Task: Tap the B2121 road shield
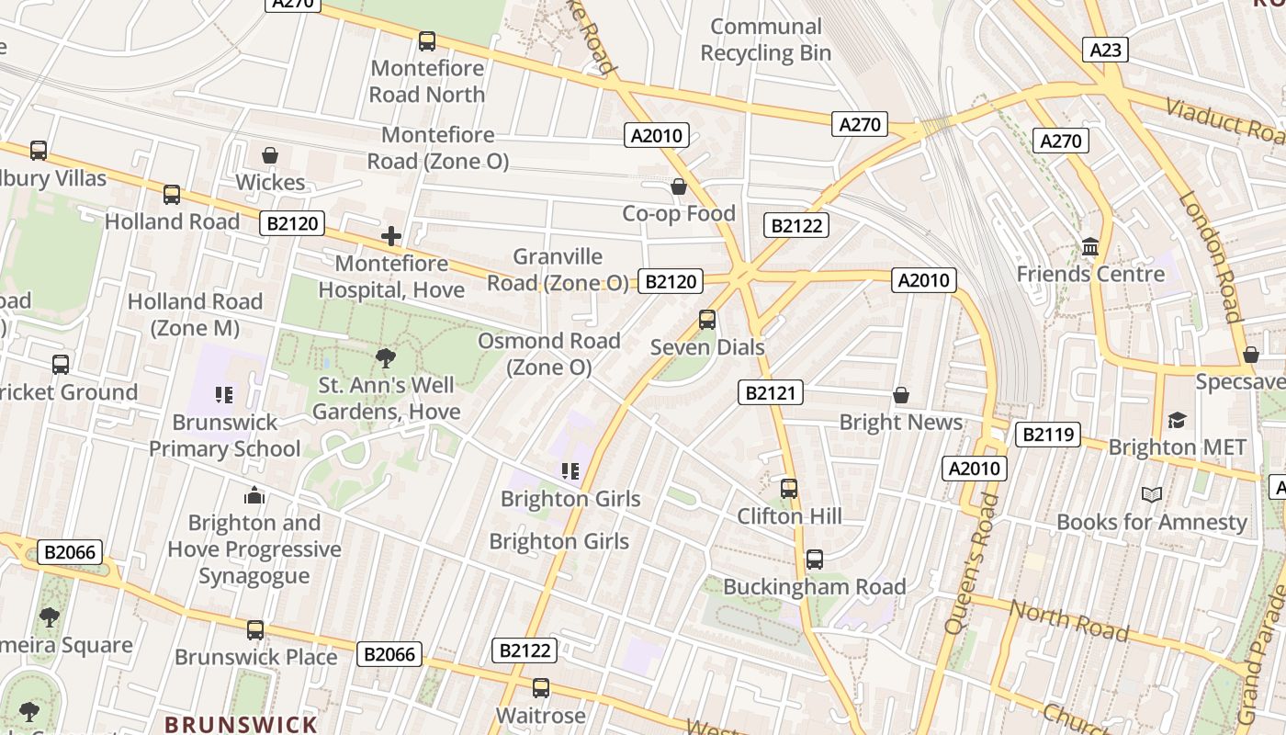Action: point(771,393)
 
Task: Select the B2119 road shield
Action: point(1047,435)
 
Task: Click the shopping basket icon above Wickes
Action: point(270,155)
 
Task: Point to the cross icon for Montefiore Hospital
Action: point(391,237)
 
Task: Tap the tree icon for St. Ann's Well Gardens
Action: point(386,358)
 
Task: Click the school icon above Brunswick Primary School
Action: point(224,396)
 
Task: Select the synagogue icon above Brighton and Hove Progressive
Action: point(254,496)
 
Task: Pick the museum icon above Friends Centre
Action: point(1090,247)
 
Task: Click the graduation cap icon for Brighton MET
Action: point(1177,421)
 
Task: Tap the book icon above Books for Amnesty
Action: point(1152,495)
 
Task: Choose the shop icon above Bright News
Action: point(901,396)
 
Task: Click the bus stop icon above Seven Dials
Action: point(707,320)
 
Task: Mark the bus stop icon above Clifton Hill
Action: point(789,489)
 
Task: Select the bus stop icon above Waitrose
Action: point(541,688)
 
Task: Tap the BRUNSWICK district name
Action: point(241,724)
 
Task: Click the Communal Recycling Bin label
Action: point(765,40)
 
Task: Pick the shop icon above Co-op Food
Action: point(679,187)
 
